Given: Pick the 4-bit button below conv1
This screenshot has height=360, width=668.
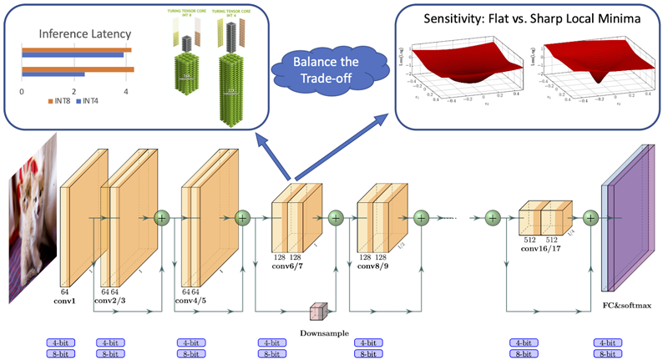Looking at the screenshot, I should coord(64,342).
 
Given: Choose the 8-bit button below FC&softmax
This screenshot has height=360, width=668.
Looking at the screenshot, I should coord(609,354).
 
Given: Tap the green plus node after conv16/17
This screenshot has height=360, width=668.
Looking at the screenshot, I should coord(591,218).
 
